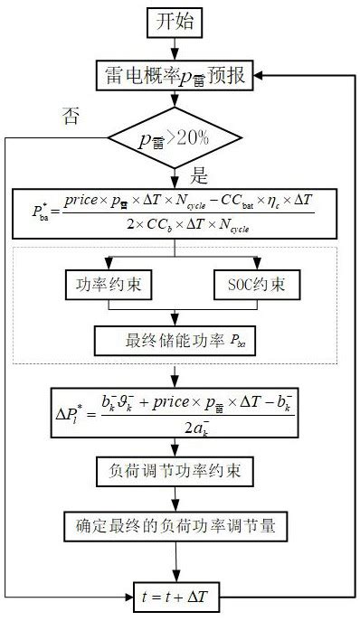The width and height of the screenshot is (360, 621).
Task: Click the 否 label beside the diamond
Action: pos(71,114)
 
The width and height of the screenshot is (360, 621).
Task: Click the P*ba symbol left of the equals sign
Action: pos(44,214)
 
